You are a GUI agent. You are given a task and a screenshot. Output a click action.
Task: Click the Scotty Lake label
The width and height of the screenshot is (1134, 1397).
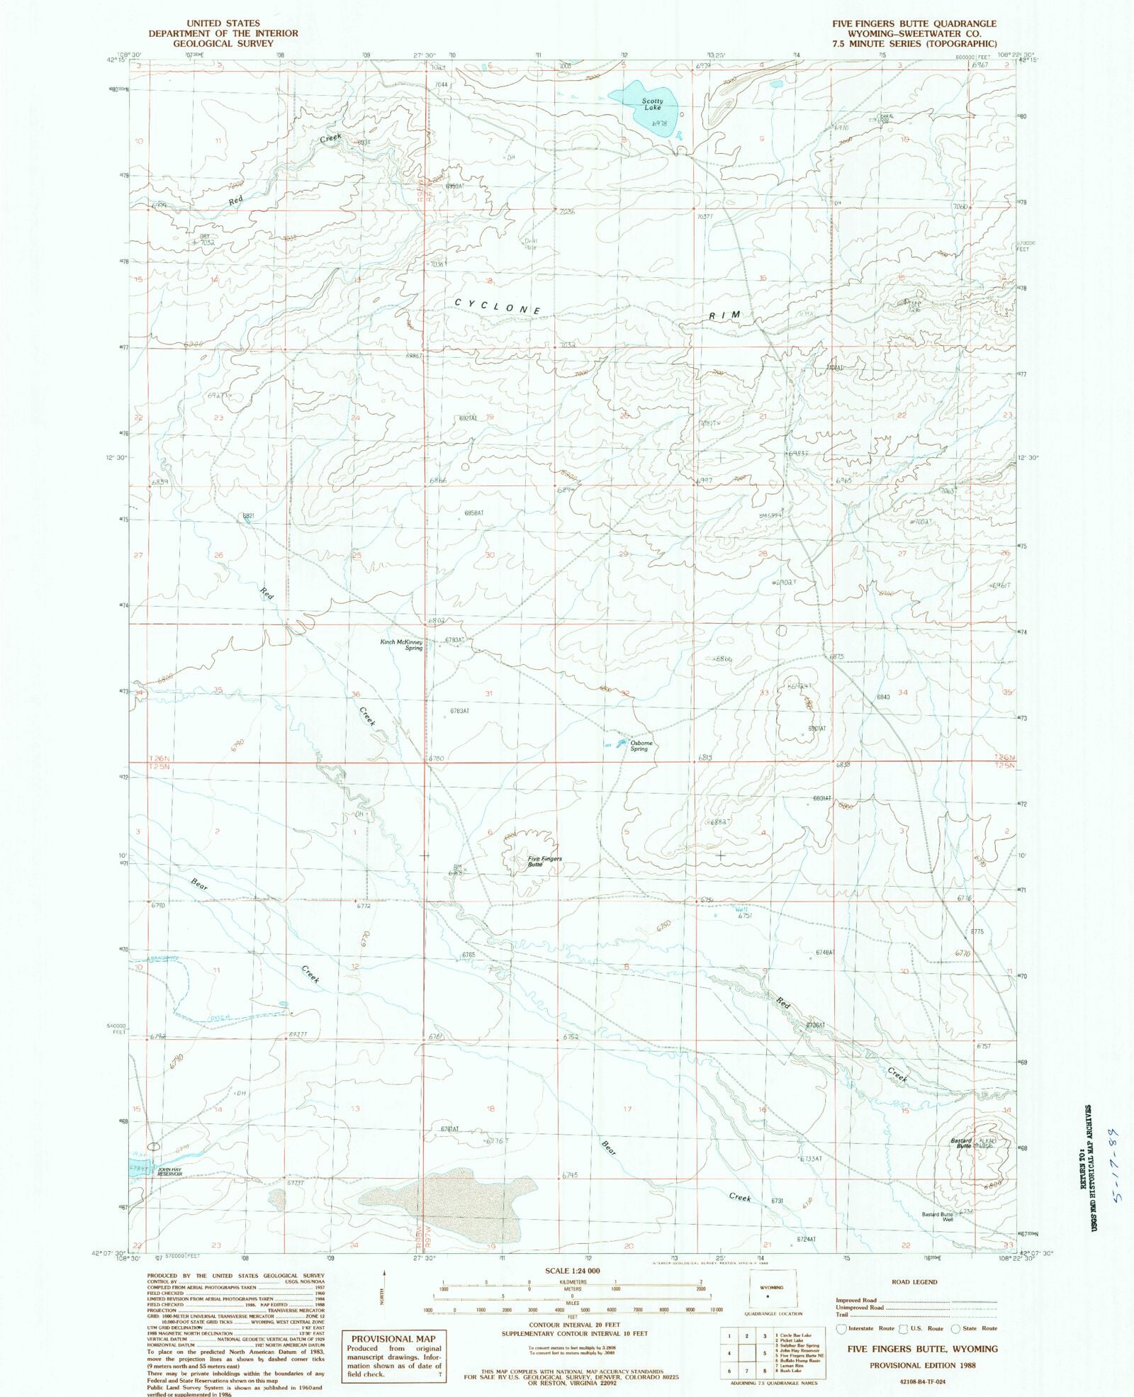click(x=652, y=104)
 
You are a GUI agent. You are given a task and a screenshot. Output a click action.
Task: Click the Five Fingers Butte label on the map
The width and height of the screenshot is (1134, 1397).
click(x=545, y=862)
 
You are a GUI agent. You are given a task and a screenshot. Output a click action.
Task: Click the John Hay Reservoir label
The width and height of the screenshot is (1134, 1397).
click(x=169, y=1172)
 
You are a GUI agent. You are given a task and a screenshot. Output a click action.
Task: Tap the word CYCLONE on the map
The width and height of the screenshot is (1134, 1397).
click(x=498, y=307)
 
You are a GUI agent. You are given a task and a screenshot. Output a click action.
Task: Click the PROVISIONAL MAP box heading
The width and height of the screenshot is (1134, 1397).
click(x=393, y=1339)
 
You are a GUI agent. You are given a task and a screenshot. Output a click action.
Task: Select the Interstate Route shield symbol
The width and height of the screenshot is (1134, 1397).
click(x=842, y=1328)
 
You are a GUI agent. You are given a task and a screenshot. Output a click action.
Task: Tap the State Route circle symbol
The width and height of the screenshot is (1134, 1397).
click(x=955, y=1328)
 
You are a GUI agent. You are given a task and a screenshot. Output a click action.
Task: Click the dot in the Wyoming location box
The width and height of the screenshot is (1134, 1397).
click(x=768, y=1296)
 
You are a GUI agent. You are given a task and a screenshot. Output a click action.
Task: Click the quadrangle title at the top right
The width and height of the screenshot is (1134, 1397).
click(x=914, y=23)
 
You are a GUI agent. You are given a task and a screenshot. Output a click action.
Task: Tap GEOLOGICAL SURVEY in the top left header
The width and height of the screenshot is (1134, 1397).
click(x=223, y=43)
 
